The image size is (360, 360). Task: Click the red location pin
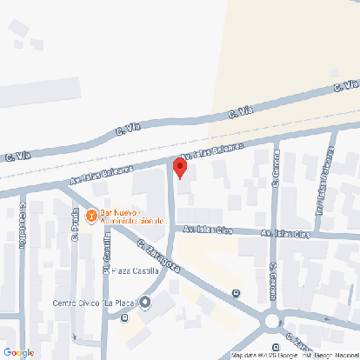pos(180,167)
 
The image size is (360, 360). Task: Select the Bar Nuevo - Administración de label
pos(132,216)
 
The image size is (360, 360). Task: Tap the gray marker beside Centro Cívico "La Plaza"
pos(145,303)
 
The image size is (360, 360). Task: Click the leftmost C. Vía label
pos(17,157)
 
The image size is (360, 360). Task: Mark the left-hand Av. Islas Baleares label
pos(102,174)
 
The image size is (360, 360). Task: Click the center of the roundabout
pos(274,321)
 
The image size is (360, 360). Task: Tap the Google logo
pos(18,352)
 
